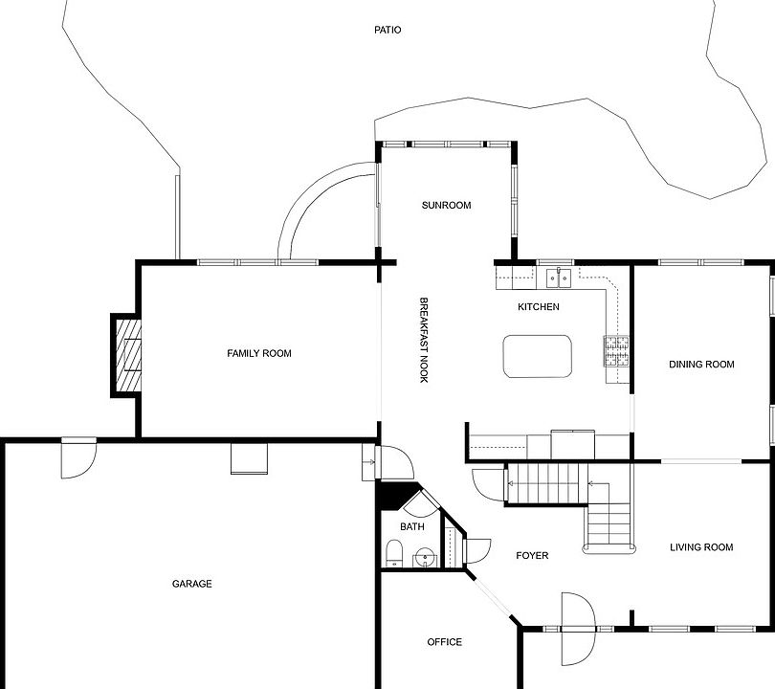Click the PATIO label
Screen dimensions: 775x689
[387, 31]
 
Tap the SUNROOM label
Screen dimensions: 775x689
[446, 205]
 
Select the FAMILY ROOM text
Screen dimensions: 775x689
[259, 353]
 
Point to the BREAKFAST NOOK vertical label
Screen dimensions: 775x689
[424, 340]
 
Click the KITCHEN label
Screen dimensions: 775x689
[539, 307]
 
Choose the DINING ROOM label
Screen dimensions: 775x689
[701, 365]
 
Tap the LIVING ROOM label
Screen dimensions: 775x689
[701, 547]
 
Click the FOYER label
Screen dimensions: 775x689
[532, 556]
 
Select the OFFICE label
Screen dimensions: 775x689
[444, 642]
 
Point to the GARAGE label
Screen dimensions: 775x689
[191, 584]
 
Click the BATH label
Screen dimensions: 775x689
[412, 527]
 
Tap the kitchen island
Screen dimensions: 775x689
[538, 356]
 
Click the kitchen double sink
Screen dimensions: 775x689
[559, 278]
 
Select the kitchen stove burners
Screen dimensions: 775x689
[616, 351]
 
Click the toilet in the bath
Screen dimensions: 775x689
[394, 553]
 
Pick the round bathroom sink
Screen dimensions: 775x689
[425, 558]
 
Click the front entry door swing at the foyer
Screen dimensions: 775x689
[578, 630]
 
